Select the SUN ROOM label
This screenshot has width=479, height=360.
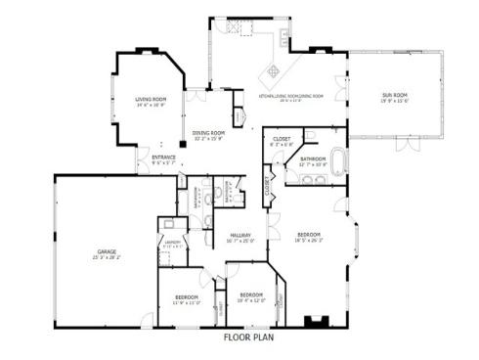[x=394, y=95]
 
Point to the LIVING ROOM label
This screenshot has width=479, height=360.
[x=150, y=100]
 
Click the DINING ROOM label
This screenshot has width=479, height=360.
[x=208, y=133]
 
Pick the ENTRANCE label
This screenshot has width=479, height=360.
[x=163, y=157]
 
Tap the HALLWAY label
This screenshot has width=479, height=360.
[x=240, y=235]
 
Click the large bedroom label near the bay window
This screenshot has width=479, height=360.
[x=309, y=235]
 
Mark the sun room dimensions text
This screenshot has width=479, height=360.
[x=394, y=101]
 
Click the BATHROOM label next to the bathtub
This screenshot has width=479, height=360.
[x=313, y=158]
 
